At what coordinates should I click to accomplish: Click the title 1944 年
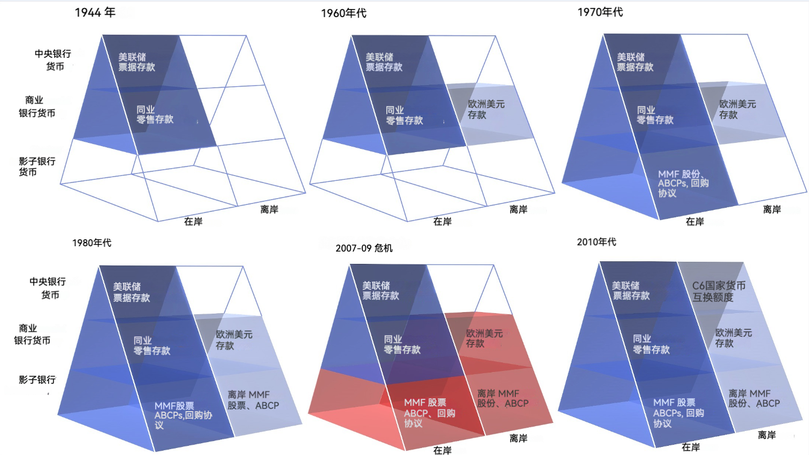point(95,12)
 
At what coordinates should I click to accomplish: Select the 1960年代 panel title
point(344,13)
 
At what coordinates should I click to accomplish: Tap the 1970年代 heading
point(600,12)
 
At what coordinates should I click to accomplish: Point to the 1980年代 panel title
point(92,243)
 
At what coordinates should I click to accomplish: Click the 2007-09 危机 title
point(364,248)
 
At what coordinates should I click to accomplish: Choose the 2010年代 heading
point(596,242)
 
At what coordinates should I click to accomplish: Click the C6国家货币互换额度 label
point(718,291)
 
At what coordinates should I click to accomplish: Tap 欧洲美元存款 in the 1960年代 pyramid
point(486,109)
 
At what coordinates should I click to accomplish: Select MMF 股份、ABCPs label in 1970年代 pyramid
point(683,183)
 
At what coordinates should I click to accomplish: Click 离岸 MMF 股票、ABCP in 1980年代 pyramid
point(253,400)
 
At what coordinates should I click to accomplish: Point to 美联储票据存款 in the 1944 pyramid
point(136,62)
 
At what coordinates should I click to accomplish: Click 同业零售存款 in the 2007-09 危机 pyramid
point(402,345)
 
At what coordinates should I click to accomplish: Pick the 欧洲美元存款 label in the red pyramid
point(484,338)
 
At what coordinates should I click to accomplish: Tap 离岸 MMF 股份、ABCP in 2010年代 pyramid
point(753,398)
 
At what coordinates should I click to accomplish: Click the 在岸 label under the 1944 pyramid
point(193,222)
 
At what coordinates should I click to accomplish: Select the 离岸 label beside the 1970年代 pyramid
point(772,209)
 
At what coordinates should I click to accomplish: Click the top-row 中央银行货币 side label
point(53,60)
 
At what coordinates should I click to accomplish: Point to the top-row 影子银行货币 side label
point(37,166)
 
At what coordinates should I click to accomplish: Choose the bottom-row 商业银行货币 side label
point(32,334)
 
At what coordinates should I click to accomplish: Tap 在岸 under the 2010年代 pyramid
point(690,447)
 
